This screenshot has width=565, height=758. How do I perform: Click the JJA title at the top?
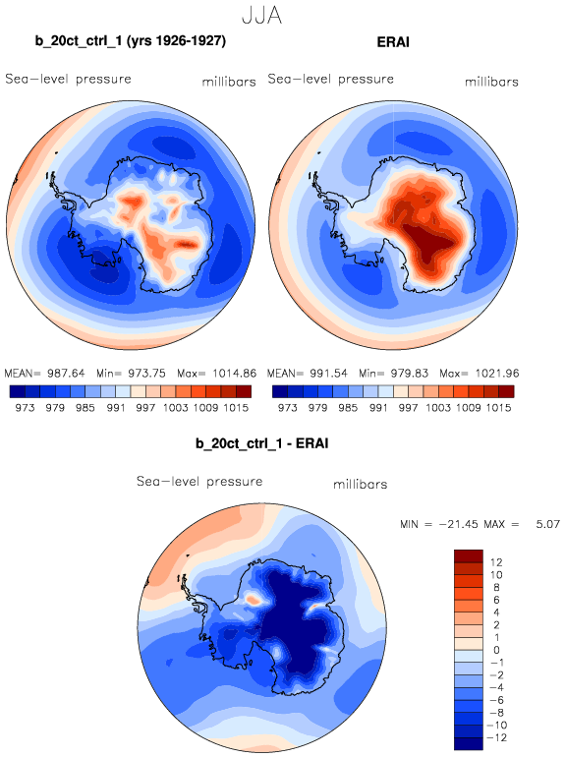click(261, 16)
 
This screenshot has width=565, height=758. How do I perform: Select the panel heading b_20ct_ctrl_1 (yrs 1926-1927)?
click(131, 41)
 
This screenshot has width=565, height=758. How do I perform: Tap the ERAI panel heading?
click(393, 42)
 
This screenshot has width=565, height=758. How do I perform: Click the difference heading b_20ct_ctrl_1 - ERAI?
click(262, 443)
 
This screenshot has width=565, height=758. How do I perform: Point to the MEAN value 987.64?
click(66, 374)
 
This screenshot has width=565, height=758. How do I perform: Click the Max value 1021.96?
click(497, 374)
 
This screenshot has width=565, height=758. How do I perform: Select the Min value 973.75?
click(146, 374)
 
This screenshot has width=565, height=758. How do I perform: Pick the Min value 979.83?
click(410, 374)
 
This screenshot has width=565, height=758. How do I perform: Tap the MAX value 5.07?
click(547, 524)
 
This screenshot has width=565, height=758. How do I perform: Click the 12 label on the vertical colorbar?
click(496, 562)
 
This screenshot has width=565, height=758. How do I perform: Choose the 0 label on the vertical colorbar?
click(497, 650)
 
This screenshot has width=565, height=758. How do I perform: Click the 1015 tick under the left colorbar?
click(236, 408)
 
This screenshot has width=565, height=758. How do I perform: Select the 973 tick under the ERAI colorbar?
click(288, 408)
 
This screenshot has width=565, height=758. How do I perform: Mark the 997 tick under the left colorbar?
click(145, 408)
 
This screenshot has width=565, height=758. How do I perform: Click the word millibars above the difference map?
click(361, 485)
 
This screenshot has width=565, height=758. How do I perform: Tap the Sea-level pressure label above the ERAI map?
click(331, 79)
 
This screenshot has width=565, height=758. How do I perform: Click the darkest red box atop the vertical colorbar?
click(469, 555)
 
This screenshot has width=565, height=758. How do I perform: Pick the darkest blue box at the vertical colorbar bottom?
click(469, 743)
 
